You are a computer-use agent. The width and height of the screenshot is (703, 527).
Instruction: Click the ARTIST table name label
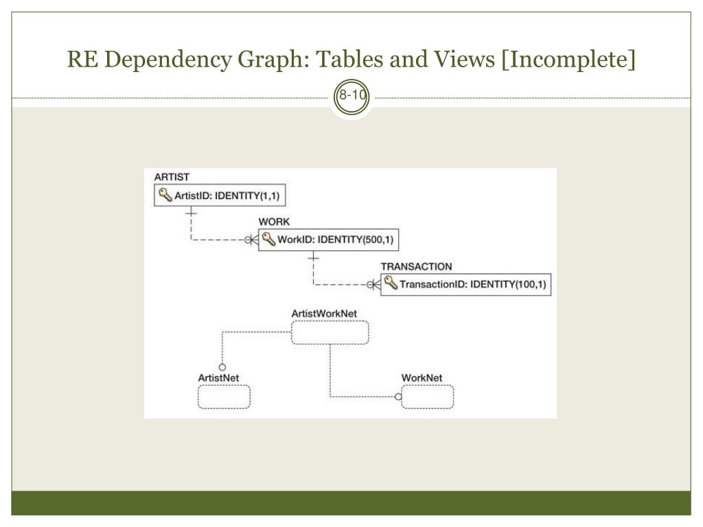tap(172, 177)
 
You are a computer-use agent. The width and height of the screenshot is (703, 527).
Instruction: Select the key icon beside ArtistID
tap(165, 196)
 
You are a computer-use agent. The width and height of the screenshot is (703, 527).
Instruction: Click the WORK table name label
tap(274, 222)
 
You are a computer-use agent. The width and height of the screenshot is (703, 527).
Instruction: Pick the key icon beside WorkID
tap(268, 240)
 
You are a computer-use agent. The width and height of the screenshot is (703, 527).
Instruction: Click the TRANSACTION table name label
tap(416, 266)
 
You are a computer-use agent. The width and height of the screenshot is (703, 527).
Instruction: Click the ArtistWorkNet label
tap(324, 314)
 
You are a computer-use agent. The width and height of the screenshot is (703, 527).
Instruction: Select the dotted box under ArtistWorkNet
tap(330, 333)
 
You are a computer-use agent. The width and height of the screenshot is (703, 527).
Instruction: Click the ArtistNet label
tap(218, 377)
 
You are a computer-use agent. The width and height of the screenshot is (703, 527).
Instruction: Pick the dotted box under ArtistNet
tap(224, 397)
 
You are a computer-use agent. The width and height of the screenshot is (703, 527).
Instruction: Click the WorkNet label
tap(422, 377)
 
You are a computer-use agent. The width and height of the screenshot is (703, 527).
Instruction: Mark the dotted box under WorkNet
tap(428, 397)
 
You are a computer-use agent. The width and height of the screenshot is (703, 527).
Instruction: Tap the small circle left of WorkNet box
tap(397, 397)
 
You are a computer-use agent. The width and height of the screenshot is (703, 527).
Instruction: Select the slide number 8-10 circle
tap(351, 97)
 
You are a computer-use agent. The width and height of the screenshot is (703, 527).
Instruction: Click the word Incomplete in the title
tap(568, 60)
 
